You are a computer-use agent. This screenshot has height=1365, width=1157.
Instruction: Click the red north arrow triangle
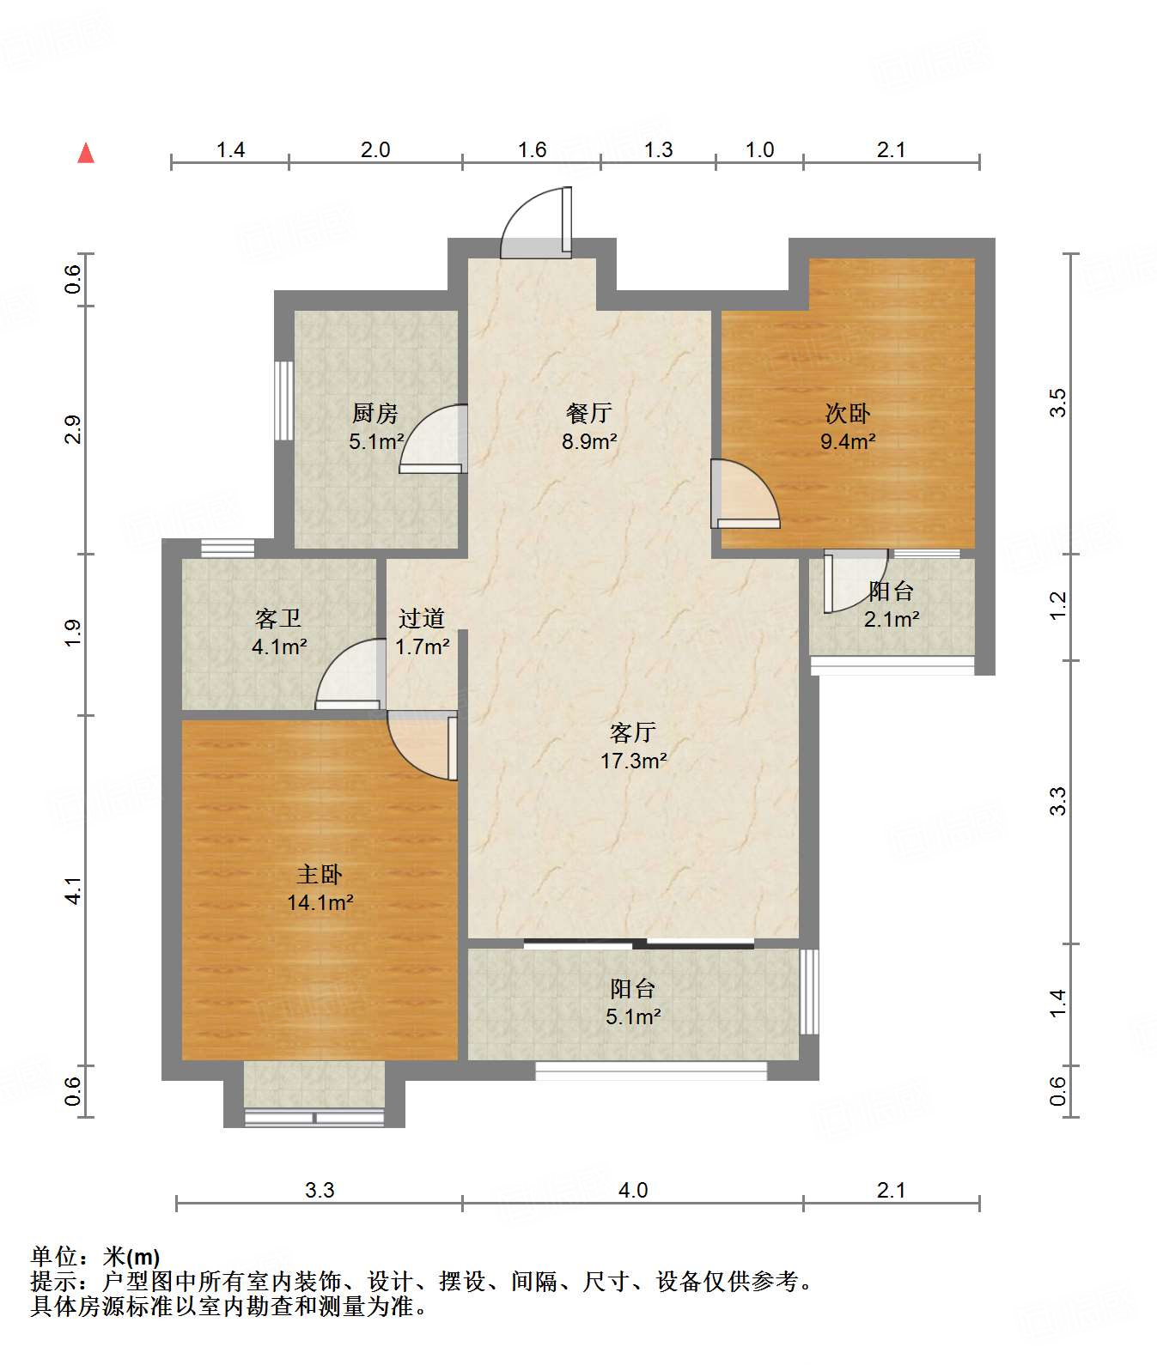pyautogui.click(x=86, y=153)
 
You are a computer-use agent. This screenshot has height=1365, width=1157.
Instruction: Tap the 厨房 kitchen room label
pyautogui.click(x=375, y=414)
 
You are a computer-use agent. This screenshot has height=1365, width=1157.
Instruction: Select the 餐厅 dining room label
pyautogui.click(x=589, y=414)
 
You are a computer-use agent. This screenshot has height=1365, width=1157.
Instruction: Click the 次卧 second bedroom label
pyautogui.click(x=848, y=414)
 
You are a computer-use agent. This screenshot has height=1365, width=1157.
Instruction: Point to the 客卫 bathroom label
pyautogui.click(x=278, y=618)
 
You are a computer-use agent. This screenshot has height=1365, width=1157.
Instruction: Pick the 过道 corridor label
pyautogui.click(x=422, y=618)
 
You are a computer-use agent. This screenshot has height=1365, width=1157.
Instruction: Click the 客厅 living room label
pyautogui.click(x=633, y=732)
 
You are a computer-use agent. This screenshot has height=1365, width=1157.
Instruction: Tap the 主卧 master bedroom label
pyautogui.click(x=320, y=875)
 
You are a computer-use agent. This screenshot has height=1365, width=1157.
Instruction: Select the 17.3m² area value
pyautogui.click(x=634, y=761)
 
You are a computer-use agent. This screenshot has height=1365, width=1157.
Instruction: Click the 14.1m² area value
pyautogui.click(x=320, y=903)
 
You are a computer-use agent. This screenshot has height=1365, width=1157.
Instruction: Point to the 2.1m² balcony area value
pyautogui.click(x=892, y=619)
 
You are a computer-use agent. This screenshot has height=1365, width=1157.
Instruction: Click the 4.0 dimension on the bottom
pyautogui.click(x=633, y=1190)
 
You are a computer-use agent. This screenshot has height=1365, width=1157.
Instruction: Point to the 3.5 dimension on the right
pyautogui.click(x=1058, y=403)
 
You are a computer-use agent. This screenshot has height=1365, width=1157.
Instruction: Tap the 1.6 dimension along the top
pyautogui.click(x=533, y=150)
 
